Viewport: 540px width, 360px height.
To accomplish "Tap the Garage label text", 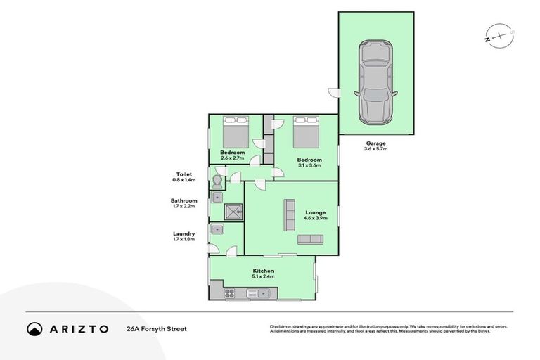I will pyautogui.click(x=375, y=143).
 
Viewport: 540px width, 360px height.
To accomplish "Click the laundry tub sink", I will pyautogui.click(x=217, y=229).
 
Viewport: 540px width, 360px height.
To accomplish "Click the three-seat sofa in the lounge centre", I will pyautogui.click(x=288, y=214).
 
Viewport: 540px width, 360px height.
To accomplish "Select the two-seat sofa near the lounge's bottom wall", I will pyautogui.click(x=310, y=240).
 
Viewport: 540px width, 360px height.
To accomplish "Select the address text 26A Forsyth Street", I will pyautogui.click(x=157, y=328).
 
